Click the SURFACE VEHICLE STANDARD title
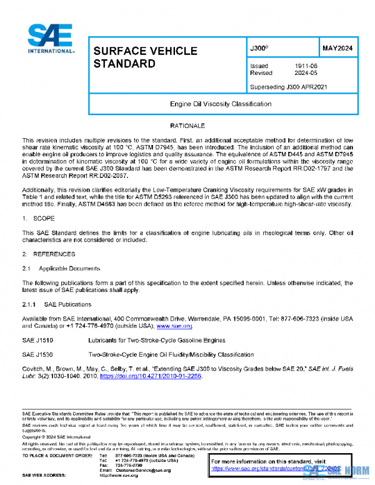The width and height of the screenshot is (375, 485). [144, 57]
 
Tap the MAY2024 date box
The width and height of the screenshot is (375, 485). [337, 47]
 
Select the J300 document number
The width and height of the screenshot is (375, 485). [259, 47]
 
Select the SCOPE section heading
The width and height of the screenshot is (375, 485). [44, 219]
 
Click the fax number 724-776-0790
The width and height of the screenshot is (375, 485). [129, 465]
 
